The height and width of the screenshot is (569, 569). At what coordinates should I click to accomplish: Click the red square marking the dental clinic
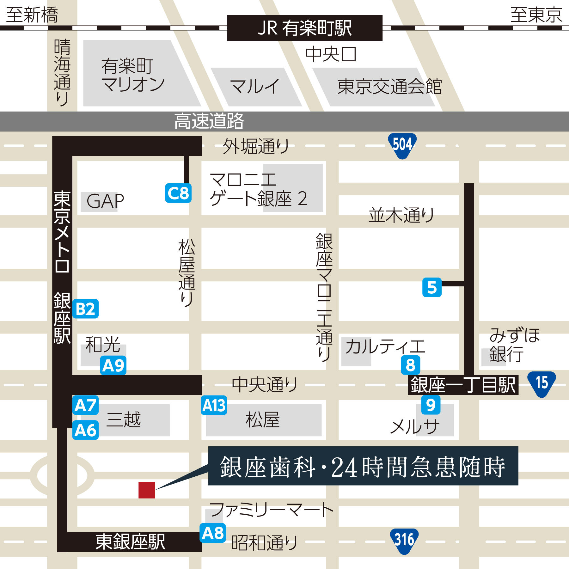coord(147,490)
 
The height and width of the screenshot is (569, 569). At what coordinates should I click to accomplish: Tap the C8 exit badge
coord(178,193)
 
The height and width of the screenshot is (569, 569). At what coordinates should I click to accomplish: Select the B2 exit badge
coord(86,309)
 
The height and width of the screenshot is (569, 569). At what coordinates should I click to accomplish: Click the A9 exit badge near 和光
coord(113,366)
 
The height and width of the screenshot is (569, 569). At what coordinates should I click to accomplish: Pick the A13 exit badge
coord(214,405)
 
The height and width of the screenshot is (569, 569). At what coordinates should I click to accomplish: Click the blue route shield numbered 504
coord(402,145)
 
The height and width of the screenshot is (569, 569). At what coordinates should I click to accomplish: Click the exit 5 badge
coord(432,287)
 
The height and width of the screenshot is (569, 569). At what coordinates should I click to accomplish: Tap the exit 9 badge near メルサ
coord(431,405)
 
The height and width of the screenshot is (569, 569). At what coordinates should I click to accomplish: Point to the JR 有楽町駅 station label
coord(305,28)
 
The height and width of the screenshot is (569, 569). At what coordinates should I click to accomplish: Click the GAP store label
coord(105,201)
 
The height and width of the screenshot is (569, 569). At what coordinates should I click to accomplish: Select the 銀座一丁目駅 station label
coord(463,385)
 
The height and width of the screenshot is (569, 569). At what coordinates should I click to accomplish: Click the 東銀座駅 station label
coord(130,542)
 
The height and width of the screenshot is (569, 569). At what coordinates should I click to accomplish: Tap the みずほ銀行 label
coord(515,345)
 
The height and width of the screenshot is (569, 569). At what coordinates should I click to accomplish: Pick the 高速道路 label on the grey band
coord(209,121)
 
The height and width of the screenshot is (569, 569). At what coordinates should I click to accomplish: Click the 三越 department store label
coord(124,420)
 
